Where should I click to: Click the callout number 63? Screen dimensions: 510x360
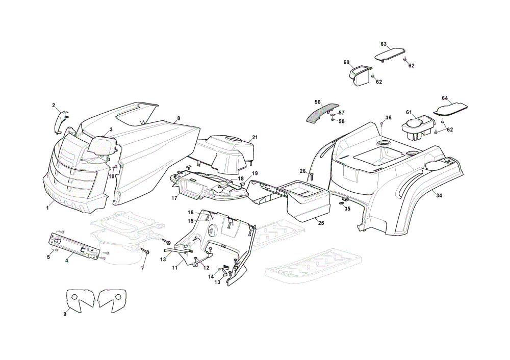pos(384,44)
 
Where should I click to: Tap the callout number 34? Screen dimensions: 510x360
pos(439,195)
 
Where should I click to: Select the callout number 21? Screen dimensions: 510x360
pos(255,137)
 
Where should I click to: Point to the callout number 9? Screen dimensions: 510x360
pos(65,314)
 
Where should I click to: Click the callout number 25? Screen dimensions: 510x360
pos(321,223)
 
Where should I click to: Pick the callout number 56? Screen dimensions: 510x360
pos(317,102)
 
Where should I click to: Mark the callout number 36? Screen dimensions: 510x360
pos(388,117)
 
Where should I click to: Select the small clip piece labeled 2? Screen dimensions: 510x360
pos(61,122)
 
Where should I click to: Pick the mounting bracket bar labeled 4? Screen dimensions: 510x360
pos(73,245)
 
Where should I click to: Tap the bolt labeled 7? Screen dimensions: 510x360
pos(145,251)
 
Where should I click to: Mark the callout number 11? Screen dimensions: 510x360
pos(174,268)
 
